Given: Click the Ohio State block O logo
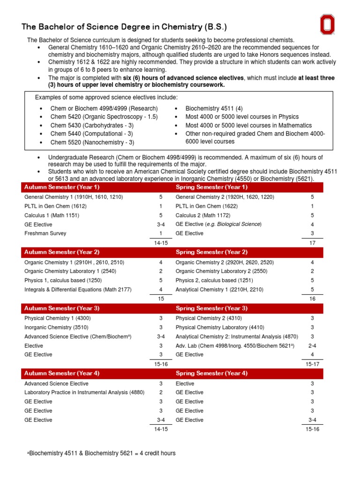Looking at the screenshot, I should pyautogui.click(x=328, y=24).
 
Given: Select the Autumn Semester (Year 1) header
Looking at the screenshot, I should pyautogui.click(x=61, y=187).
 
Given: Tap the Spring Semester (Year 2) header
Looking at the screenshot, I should pyautogui.click(x=211, y=252).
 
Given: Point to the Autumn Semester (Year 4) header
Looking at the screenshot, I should pyautogui.click(x=61, y=373).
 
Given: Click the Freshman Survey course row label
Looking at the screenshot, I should pyautogui.click(x=45, y=233).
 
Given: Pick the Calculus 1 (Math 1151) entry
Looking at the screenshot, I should pyautogui.click(x=52, y=215).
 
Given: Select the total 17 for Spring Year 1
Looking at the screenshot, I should pyautogui.click(x=312, y=243).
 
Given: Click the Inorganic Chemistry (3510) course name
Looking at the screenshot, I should pyautogui.click(x=56, y=327).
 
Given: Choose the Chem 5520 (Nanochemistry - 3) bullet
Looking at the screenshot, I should pyautogui.click(x=92, y=142).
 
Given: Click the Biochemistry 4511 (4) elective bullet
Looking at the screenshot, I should pyautogui.click(x=214, y=108).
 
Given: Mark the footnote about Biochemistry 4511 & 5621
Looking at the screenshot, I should pyautogui.click(x=102, y=453).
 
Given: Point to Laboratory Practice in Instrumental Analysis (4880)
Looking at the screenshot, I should pyautogui.click(x=84, y=392).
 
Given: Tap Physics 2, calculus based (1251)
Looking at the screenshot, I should pyautogui.click(x=213, y=281).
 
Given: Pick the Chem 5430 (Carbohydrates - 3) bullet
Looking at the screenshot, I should pyautogui.click(x=92, y=126).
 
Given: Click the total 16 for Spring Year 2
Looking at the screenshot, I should pyautogui.click(x=312, y=299).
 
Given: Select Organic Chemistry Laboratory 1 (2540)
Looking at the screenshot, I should pyautogui.click(x=70, y=271).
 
